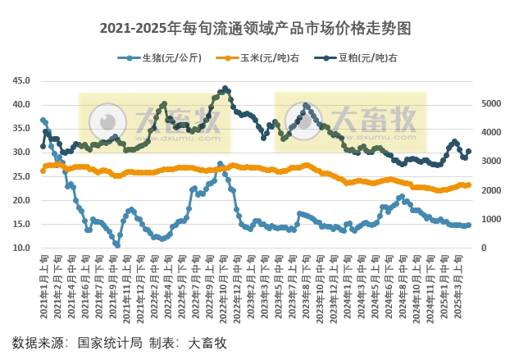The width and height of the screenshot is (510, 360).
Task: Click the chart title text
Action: [x=255, y=28]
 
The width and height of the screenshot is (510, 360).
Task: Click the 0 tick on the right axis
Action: [x=482, y=248]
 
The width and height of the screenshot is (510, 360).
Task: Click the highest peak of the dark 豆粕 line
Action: [x=225, y=88]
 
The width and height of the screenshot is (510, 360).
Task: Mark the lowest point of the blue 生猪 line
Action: [x=117, y=245]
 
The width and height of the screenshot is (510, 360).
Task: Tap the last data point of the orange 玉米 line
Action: [x=468, y=185]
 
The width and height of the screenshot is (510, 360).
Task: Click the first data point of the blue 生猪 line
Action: [x=43, y=120]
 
